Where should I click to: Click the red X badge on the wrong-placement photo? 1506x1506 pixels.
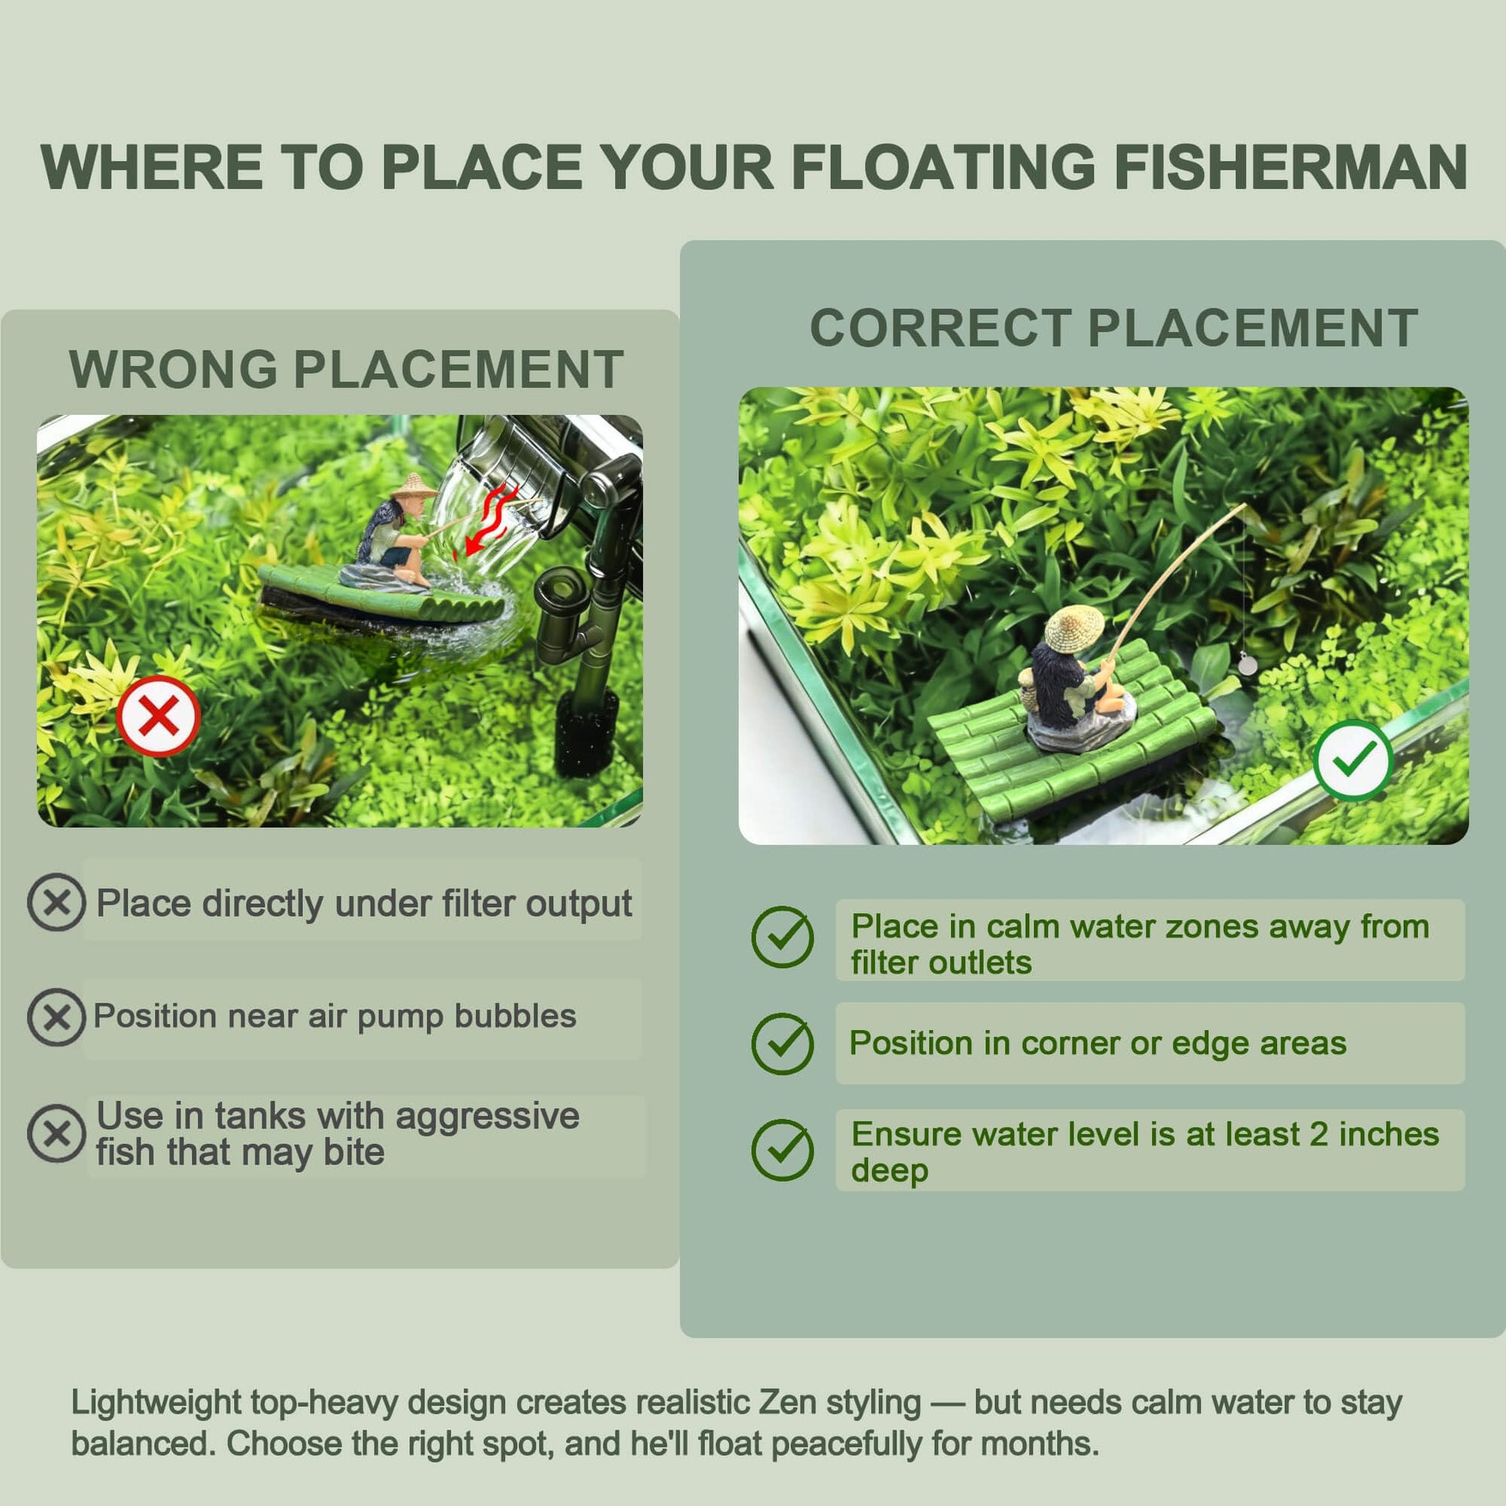158,717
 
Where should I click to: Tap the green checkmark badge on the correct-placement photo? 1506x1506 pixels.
1354,760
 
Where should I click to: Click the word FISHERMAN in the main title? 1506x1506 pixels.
1290,167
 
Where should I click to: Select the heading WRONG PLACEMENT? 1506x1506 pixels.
346,368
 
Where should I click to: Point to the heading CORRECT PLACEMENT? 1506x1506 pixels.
1114,327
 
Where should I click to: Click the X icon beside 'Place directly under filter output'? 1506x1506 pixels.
56,902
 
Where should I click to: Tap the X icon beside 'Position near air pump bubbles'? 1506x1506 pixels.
56,1017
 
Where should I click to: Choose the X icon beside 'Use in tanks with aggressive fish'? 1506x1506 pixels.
56,1134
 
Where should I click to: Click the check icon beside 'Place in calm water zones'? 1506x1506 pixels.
782,937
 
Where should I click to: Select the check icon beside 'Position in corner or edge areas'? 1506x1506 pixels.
782,1044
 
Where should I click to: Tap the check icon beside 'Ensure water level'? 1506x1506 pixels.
782,1151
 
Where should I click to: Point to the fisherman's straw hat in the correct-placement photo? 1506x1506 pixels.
1074,628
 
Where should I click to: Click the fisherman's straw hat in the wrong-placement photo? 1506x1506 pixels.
413,487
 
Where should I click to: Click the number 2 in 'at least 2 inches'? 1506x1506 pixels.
1319,1135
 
